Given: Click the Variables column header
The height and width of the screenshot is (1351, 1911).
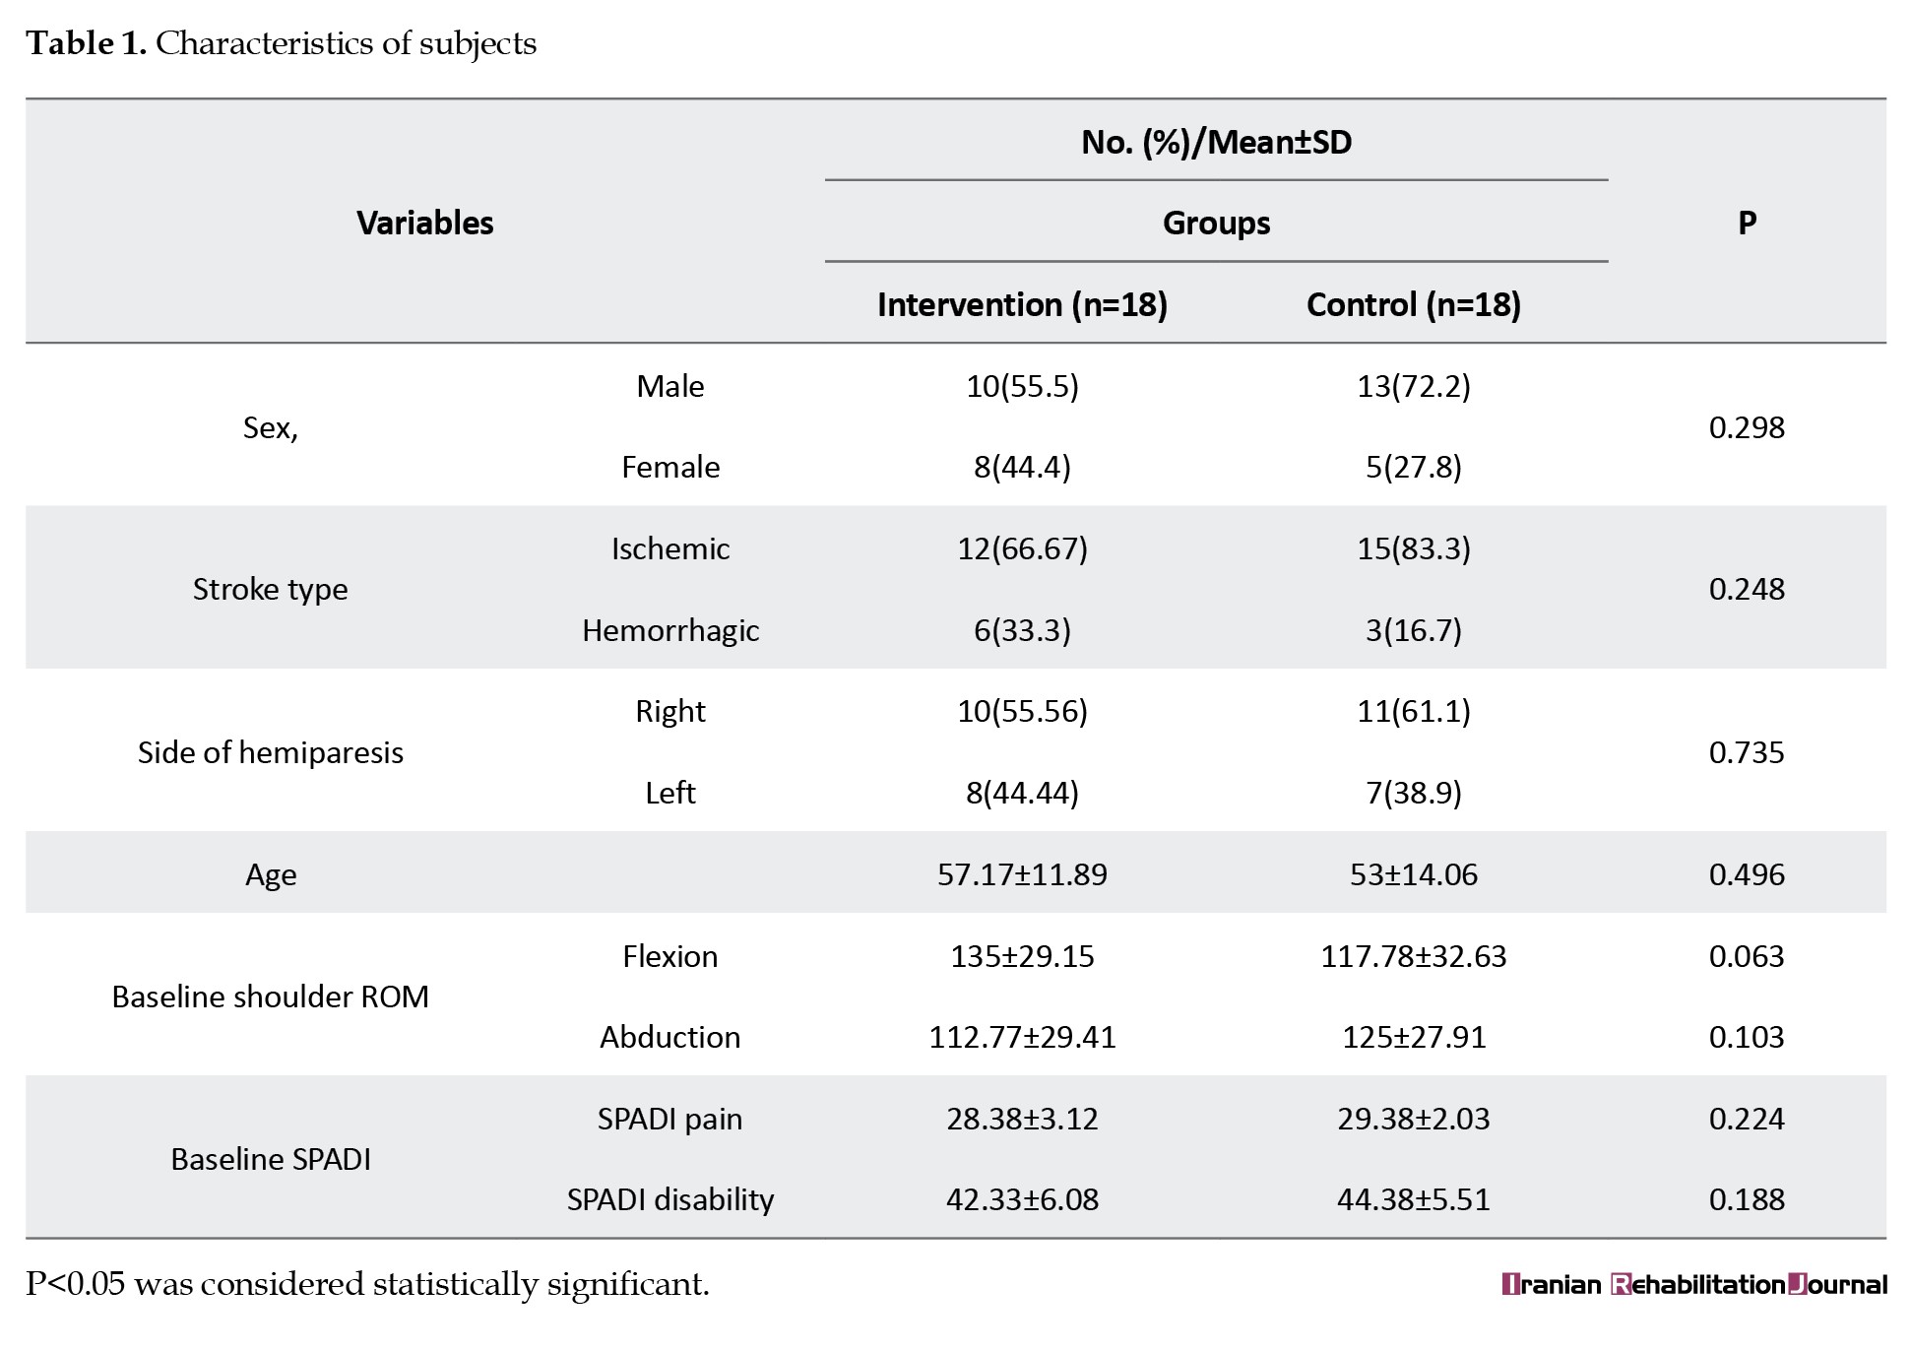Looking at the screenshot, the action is pos(424,223).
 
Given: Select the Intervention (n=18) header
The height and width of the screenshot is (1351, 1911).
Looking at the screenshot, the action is pos(1022,304).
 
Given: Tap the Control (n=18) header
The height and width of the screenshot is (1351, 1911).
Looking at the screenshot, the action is pos(1413,304).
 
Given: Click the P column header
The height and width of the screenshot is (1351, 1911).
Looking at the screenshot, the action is pos(1747,223).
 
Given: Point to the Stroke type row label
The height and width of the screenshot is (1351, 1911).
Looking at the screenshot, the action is pos(270,589).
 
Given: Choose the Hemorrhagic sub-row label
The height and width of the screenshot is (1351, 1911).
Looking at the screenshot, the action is pos(670,630).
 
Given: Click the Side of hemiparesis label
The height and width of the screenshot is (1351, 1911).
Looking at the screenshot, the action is pos(270,752).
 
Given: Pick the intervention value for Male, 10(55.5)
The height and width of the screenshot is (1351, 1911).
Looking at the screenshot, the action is pos(1022,386).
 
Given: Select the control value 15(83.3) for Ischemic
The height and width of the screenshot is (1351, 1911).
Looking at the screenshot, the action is pos(1413,548).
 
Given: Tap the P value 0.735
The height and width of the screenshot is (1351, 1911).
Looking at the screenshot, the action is pos(1747,752).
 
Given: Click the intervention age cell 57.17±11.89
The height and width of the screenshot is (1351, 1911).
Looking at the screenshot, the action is pos(1022,874).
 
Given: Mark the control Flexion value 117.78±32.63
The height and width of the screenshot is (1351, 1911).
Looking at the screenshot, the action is pos(1413,956).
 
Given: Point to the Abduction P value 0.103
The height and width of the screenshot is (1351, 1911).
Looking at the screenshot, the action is pos(1747,1037).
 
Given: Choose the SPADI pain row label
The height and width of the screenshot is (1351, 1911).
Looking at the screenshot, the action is pos(669,1119).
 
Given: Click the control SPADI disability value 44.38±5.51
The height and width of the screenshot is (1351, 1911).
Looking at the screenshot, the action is pos(1413,1199).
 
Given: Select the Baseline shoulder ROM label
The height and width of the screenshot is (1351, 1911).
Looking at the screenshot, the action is pos(270,997).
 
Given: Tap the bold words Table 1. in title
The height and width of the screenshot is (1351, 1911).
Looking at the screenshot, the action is pos(86,43).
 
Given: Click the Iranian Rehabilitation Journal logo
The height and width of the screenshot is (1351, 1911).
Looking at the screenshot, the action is pos(1693,1285).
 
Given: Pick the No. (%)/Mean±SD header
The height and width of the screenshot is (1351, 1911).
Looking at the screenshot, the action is pos(1216,143).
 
